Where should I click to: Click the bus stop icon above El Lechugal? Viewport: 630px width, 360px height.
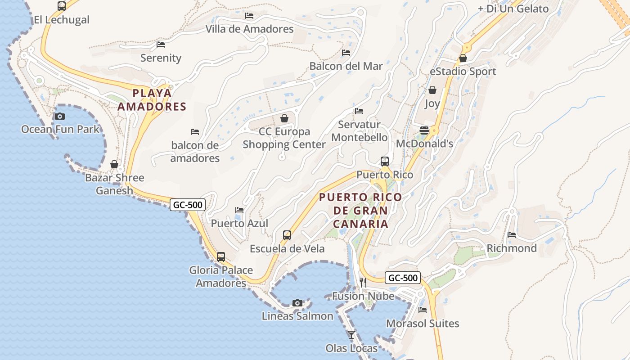tap(62, 6)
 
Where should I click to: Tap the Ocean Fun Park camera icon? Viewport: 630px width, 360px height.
tap(59, 117)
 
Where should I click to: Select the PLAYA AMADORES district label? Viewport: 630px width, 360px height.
tap(152, 100)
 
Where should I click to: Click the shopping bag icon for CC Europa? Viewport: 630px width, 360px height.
tap(284, 118)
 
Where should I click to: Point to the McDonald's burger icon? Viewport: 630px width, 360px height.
tap(424, 130)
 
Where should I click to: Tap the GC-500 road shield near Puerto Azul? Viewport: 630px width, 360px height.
tap(188, 205)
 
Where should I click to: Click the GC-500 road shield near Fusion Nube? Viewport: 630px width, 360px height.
tap(403, 278)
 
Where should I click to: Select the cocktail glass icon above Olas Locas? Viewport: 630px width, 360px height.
tap(351, 335)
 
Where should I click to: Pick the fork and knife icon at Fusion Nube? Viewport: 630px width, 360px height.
tap(363, 283)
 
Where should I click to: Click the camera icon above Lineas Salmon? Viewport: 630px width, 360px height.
tap(297, 303)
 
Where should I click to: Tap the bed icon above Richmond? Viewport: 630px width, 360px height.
tap(512, 235)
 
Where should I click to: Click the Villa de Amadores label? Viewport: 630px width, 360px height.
tap(249, 29)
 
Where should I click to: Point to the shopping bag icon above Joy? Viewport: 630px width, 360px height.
tap(432, 90)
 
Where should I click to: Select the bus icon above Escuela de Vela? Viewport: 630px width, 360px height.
tap(287, 235)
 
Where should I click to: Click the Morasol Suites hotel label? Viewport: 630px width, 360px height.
tap(423, 324)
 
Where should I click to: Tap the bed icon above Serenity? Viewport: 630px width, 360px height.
tap(161, 45)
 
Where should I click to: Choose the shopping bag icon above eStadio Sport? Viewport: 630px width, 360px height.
tap(463, 58)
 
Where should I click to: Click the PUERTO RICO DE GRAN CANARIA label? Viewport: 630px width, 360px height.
tap(360, 211)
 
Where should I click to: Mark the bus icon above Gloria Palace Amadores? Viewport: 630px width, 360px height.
tap(221, 257)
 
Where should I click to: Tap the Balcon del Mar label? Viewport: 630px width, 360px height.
tap(346, 66)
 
